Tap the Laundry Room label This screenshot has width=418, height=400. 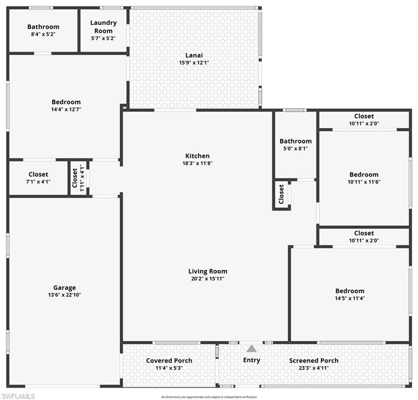(x=103, y=27)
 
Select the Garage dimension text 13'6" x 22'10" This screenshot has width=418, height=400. (x=64, y=295)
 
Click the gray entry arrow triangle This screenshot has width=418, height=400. (x=251, y=349)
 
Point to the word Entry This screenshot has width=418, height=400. (x=251, y=360)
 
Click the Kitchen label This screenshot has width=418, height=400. (x=198, y=156)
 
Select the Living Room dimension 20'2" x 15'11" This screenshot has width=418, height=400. (x=207, y=279)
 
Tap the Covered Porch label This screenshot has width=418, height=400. (x=169, y=360)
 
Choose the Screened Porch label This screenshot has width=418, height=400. (x=313, y=360)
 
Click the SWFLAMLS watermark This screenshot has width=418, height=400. (x=18, y=396)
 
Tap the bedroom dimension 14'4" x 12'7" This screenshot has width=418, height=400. (x=66, y=109)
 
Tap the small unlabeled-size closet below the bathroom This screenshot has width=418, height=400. (x=282, y=194)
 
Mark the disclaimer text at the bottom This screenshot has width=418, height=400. (x=209, y=397)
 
